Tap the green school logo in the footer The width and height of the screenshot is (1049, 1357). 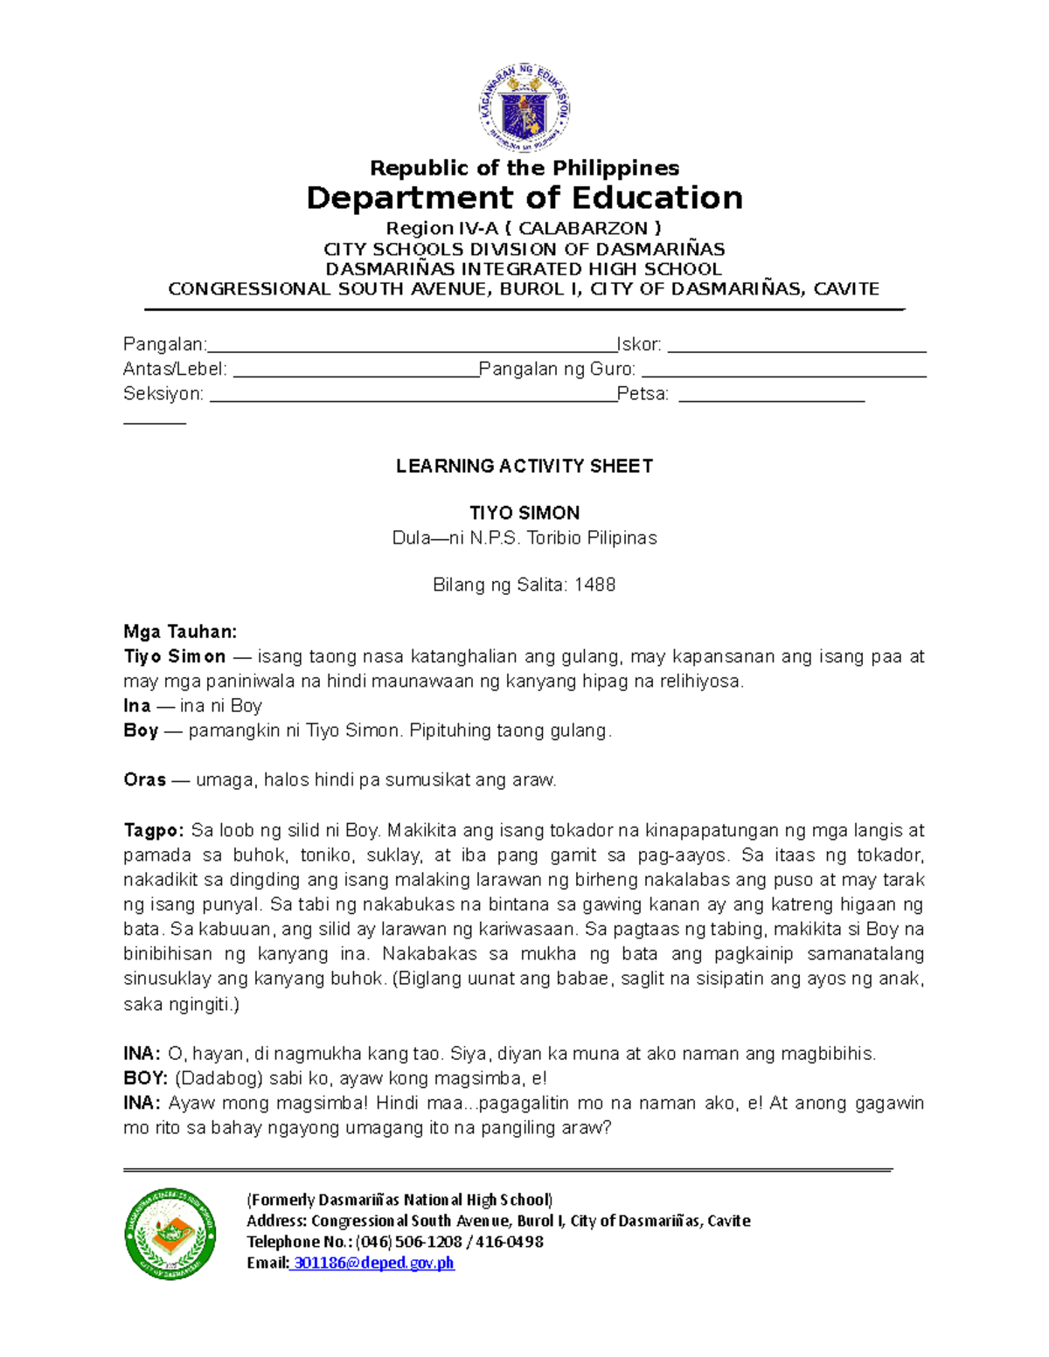170,1234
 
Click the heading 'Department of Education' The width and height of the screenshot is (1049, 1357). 524,197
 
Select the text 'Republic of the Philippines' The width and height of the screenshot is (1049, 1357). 524,168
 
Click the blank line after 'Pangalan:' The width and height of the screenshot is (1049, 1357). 411,346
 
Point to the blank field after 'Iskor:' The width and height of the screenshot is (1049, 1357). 795,346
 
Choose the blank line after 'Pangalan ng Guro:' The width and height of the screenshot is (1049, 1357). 783,370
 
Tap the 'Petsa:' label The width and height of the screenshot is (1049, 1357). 643,394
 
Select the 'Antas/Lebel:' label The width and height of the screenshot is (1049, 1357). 175,370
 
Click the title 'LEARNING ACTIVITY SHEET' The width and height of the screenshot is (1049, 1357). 524,466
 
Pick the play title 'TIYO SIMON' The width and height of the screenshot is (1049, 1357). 524,513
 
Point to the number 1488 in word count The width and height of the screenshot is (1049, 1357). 594,585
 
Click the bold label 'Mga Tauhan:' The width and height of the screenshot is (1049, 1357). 180,632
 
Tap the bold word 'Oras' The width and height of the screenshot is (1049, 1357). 144,779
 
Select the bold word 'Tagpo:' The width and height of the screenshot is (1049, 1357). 154,830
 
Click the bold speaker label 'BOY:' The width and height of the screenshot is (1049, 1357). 145,1078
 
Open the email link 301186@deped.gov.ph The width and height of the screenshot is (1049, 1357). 373,1263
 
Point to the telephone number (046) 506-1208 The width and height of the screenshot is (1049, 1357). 408,1242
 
